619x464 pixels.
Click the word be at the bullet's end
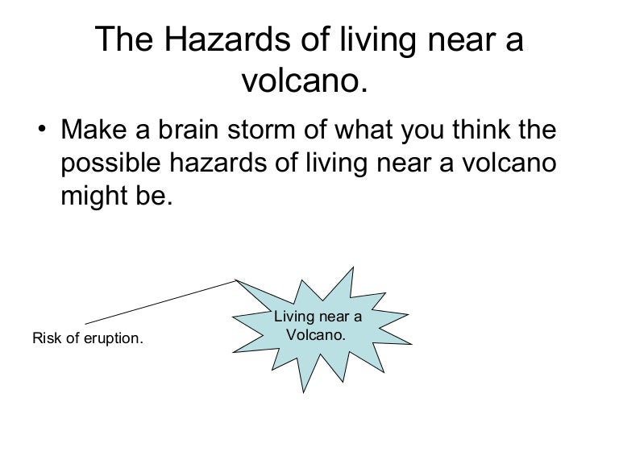[156, 197]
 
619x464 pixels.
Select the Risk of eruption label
[88, 338]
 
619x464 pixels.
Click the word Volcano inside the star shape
[318, 332]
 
